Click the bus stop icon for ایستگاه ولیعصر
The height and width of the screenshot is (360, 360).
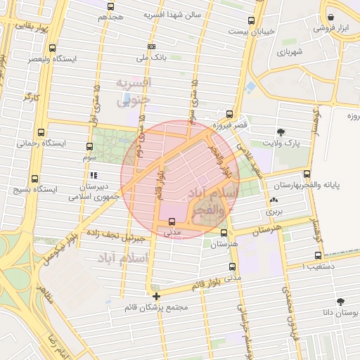[53, 48]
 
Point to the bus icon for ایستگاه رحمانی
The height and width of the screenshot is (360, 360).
[41, 131]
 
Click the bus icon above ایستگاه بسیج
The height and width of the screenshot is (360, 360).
[35, 179]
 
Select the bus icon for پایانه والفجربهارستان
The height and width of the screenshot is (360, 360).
[307, 174]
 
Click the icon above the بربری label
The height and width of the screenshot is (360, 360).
[273, 200]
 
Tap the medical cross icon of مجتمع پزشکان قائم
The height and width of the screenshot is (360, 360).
[155, 296]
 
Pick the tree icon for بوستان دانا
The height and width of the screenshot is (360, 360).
[340, 301]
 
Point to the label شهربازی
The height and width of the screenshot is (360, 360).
[289, 51]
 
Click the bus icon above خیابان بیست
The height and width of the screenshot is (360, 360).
[252, 22]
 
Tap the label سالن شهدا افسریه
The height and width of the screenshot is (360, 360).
[173, 14]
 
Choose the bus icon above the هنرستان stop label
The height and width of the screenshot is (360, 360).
[224, 233]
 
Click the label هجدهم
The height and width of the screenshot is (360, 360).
[110, 16]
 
